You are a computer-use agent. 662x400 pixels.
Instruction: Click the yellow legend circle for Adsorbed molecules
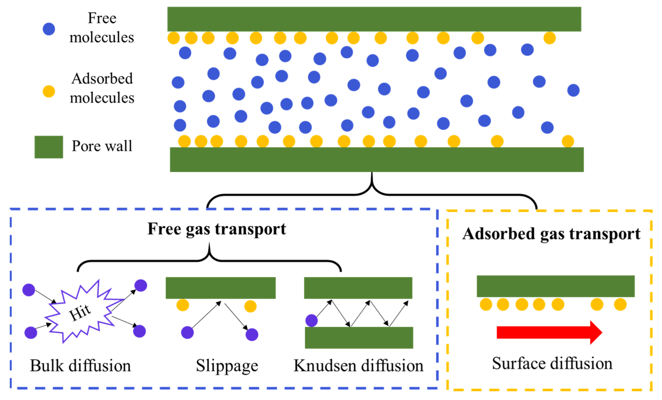coord(49,92)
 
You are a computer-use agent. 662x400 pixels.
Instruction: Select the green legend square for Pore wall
coord(49,147)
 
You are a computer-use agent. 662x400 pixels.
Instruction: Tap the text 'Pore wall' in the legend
coord(102,146)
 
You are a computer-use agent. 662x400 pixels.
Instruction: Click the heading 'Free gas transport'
coord(217,229)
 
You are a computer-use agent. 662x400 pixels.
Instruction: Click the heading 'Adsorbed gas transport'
coord(551,234)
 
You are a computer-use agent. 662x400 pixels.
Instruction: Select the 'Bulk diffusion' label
coord(80,366)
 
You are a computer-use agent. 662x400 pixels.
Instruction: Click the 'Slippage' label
coord(227,366)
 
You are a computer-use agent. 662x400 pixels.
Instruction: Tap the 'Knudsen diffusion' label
coord(358,366)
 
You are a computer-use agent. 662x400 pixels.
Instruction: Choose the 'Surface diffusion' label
coord(552,364)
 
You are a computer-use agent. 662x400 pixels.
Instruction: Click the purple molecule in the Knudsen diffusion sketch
coord(312,321)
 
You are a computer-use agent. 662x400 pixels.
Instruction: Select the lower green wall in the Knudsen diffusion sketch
coord(359,338)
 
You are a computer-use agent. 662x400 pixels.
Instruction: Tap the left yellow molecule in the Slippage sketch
coord(183,305)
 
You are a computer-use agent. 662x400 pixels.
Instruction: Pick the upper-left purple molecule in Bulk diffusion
coord(29,290)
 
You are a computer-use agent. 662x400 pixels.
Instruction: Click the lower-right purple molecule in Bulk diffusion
coord(139,331)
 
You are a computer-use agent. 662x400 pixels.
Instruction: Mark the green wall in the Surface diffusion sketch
coord(556,286)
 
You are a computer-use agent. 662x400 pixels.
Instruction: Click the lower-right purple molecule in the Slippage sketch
coord(252,335)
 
